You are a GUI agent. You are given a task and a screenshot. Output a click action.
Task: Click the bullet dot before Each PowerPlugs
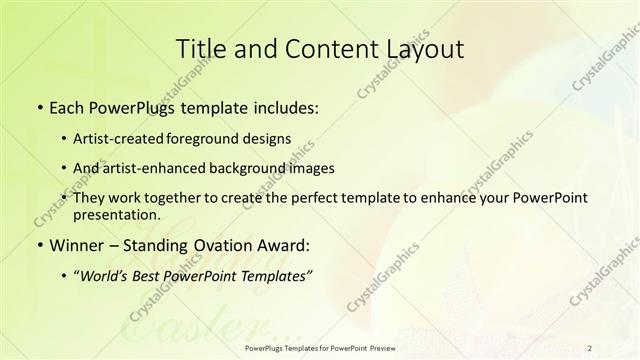[x=39, y=107]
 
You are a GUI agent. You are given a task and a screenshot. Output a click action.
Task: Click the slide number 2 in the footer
[x=590, y=347]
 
